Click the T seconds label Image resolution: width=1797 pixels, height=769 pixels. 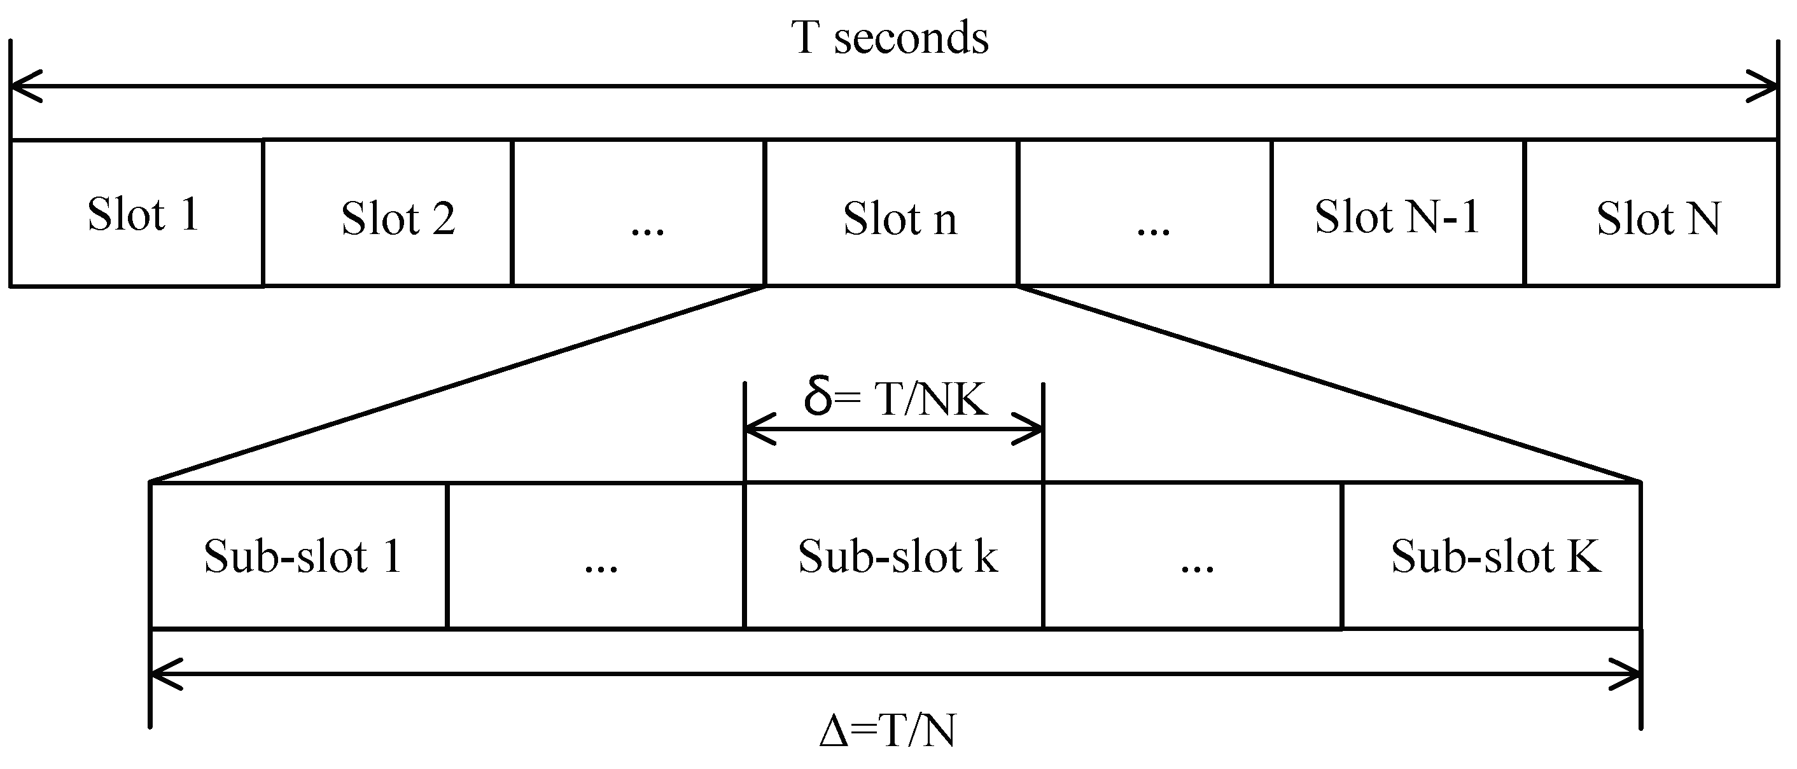point(890,38)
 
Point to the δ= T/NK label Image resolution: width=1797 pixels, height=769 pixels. point(895,398)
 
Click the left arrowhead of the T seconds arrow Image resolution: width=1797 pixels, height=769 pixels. point(21,87)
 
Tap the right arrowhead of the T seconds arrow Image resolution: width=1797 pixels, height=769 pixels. point(1766,87)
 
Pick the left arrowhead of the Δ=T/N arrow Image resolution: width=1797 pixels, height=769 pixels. point(162,674)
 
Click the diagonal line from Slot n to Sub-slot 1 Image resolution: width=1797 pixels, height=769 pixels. point(457,384)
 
